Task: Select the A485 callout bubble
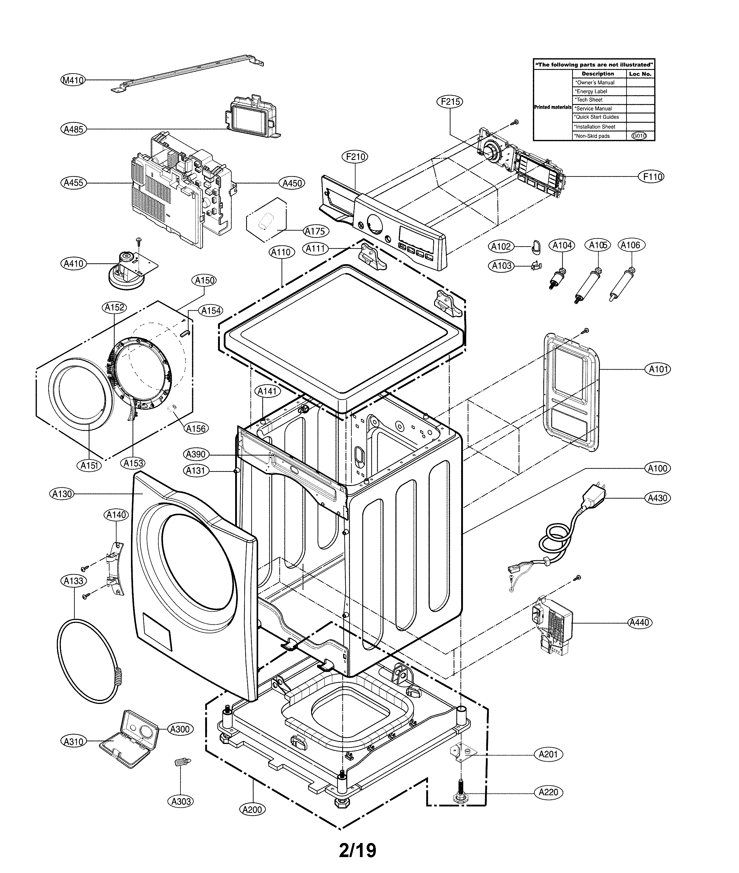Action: click(x=73, y=130)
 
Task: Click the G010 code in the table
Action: click(x=639, y=136)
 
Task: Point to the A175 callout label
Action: click(x=315, y=231)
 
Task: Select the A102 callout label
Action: click(x=501, y=247)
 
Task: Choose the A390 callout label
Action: click(x=196, y=454)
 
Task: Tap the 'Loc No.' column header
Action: click(x=640, y=74)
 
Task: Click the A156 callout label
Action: click(x=196, y=428)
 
